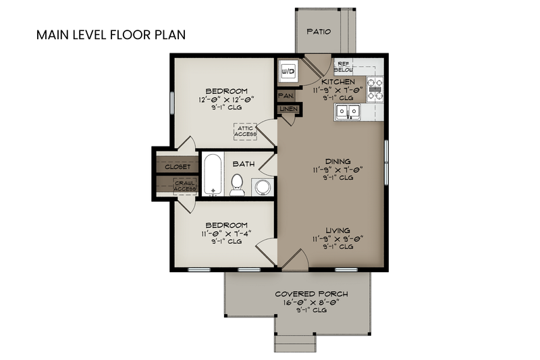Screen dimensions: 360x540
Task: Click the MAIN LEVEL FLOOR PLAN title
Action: click(x=111, y=34)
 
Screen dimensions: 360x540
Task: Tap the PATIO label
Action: click(x=318, y=32)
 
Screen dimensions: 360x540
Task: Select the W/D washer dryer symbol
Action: click(x=286, y=70)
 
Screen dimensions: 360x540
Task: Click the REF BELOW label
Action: click(x=343, y=66)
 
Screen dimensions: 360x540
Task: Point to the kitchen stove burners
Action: click(x=375, y=88)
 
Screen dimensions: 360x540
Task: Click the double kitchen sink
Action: click(x=348, y=111)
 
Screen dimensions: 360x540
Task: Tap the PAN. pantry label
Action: click(x=284, y=97)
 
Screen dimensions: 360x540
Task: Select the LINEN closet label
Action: click(x=288, y=109)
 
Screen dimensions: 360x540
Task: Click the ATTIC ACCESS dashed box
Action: click(x=245, y=131)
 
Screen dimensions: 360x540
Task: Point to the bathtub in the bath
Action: click(x=213, y=174)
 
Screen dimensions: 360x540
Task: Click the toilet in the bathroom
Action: click(x=237, y=184)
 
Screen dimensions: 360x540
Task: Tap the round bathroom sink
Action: click(x=262, y=187)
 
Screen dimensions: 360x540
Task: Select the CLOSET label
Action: click(x=177, y=166)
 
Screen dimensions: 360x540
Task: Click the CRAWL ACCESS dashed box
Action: click(x=184, y=185)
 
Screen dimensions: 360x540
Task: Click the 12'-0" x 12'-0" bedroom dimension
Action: click(x=226, y=100)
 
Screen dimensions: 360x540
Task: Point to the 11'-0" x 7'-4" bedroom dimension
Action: click(x=226, y=233)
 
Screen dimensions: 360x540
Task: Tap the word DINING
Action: click(x=333, y=161)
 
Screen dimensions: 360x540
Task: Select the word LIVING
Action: click(x=333, y=230)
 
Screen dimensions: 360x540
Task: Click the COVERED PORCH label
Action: click(x=311, y=294)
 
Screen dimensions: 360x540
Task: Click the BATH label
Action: click(x=243, y=163)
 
